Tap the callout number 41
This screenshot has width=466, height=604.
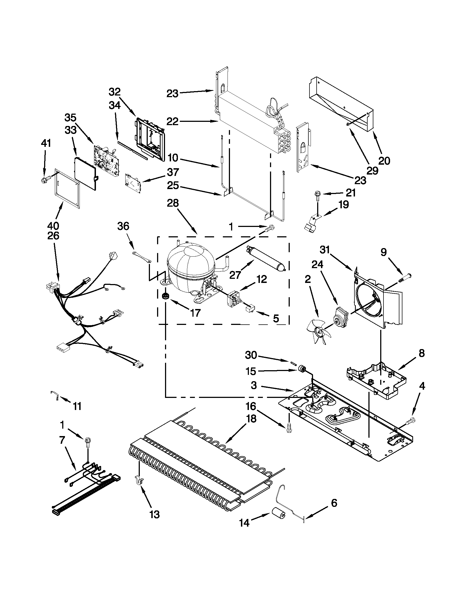point(46,143)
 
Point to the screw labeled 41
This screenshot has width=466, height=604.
point(44,181)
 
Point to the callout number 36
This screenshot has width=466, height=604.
point(123,226)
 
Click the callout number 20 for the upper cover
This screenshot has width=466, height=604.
point(384,161)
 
